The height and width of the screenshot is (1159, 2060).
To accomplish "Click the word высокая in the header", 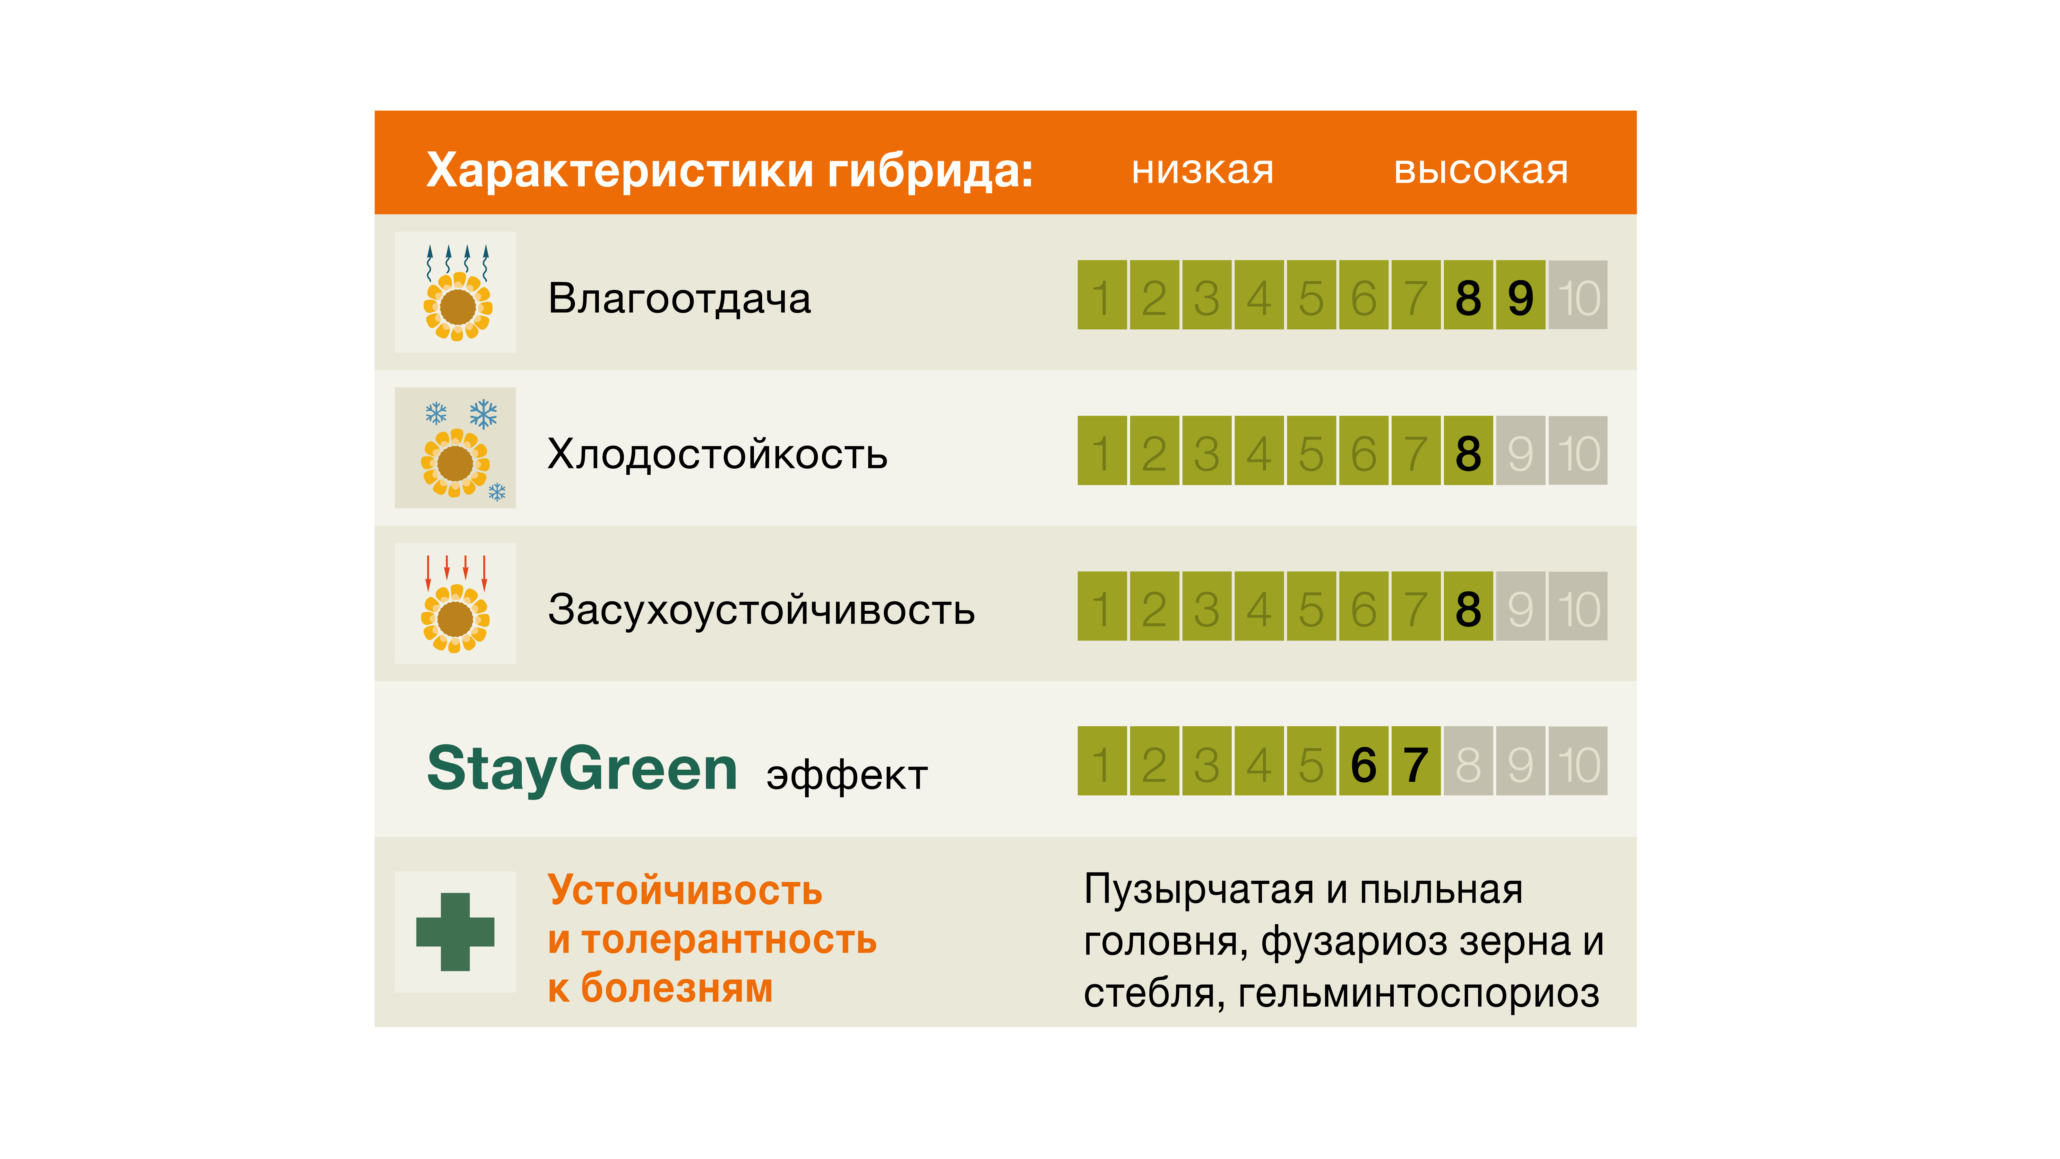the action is (1481, 170).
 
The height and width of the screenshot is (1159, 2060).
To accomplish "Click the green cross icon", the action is (455, 932).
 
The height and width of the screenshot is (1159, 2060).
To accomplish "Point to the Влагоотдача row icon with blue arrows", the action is (455, 292).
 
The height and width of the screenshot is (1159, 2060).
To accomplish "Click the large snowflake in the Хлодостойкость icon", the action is (483, 414).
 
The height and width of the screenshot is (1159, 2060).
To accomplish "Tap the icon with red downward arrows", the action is (455, 603).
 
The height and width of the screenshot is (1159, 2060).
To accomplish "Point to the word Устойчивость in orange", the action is (685, 890).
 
